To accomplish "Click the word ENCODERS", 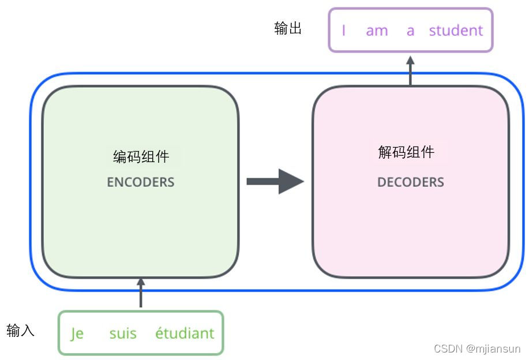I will click(x=140, y=182).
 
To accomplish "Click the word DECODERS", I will click(x=410, y=182).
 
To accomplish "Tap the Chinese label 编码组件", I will click(x=141, y=156).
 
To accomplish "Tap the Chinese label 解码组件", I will click(x=406, y=152).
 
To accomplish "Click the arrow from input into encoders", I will click(x=141, y=294).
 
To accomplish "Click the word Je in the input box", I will click(x=77, y=333).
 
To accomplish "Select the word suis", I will click(x=123, y=333).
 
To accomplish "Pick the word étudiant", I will click(x=185, y=333).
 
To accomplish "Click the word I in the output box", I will click(x=344, y=31).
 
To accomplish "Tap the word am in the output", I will click(x=377, y=31).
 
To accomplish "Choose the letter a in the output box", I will click(x=410, y=31).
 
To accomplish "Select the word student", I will click(x=456, y=31).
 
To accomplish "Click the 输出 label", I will click(x=288, y=28).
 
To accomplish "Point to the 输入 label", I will click(x=21, y=331).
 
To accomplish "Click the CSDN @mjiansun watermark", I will click(x=477, y=348).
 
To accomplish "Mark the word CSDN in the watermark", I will click(x=448, y=348).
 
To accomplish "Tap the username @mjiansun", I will click(x=493, y=348).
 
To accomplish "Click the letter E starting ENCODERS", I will click(x=110, y=182).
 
